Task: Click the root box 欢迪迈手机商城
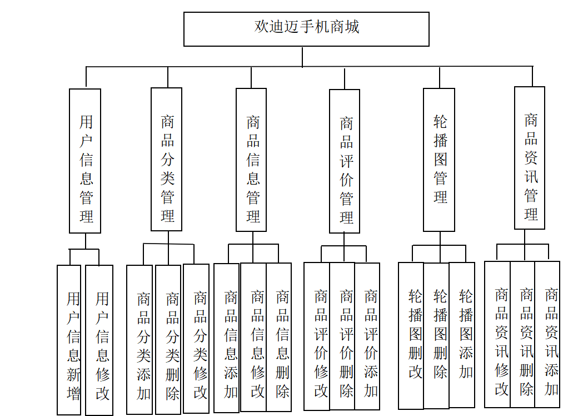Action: click(x=306, y=29)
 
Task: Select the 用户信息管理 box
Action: click(x=85, y=161)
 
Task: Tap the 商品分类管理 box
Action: click(x=167, y=160)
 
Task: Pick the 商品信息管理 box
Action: click(x=251, y=160)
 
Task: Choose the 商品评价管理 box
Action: click(x=345, y=161)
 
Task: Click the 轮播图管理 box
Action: click(x=439, y=160)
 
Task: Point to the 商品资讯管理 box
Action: click(x=530, y=158)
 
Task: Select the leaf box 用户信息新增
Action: click(x=69, y=340)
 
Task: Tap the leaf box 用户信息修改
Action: click(x=99, y=340)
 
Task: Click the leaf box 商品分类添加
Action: click(x=139, y=339)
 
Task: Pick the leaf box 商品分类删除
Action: click(x=168, y=339)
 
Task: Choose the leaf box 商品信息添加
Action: click(x=227, y=338)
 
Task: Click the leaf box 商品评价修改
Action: click(x=317, y=336)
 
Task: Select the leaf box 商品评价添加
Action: click(x=367, y=336)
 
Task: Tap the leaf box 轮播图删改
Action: click(x=411, y=336)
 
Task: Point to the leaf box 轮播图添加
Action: click(x=462, y=335)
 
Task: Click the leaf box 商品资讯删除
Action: click(x=523, y=335)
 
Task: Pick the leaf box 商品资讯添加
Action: click(x=547, y=335)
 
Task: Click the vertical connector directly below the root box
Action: click(x=302, y=57)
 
